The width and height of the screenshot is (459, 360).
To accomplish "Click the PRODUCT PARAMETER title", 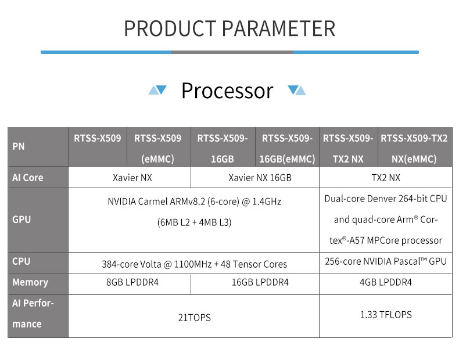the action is (x=229, y=28).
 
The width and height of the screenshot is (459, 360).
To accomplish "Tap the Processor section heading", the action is (x=227, y=91).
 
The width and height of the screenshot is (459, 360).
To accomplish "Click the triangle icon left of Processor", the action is (x=157, y=90).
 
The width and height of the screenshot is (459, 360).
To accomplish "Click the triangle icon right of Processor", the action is (x=296, y=90).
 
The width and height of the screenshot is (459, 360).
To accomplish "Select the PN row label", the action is (x=19, y=146).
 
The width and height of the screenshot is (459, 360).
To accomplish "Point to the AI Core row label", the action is (x=27, y=178).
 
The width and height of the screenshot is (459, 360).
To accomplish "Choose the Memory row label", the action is (x=30, y=282).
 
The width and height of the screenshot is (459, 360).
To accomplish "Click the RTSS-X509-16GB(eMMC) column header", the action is (x=287, y=149).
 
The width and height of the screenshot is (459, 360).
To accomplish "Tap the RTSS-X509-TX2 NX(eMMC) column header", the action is (x=414, y=149).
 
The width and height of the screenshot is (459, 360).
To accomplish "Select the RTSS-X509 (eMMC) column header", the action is (x=158, y=149).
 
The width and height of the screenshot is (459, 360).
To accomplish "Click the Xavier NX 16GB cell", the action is (x=260, y=178).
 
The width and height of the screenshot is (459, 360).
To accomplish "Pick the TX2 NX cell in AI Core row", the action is (x=386, y=178).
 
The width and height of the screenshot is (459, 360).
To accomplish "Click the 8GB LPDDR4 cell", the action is (x=132, y=282).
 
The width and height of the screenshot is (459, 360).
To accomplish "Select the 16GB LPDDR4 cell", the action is (x=260, y=282).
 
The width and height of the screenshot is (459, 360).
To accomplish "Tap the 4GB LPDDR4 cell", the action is (x=386, y=282).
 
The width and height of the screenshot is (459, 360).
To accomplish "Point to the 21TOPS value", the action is (x=195, y=318).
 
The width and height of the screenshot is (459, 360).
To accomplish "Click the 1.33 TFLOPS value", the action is (x=386, y=315).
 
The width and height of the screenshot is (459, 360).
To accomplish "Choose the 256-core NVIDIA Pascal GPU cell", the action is (x=386, y=261).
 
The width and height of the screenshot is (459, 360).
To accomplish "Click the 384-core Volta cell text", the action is (x=195, y=264).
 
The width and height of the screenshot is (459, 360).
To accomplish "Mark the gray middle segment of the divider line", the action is (x=232, y=52).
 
